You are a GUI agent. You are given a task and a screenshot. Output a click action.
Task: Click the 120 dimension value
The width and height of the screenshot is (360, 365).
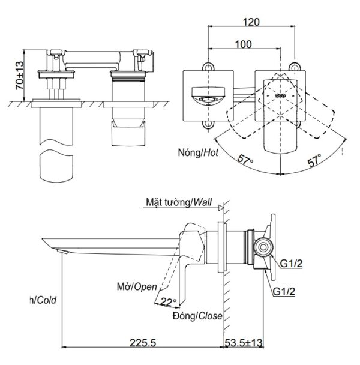[x=252, y=22]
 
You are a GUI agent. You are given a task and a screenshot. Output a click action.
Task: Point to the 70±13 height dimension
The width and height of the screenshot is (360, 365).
[x=19, y=77]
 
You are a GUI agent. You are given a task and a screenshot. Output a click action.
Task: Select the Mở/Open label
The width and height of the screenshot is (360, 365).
[x=133, y=286]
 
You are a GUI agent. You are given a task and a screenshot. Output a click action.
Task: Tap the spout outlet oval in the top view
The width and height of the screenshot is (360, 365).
[x=206, y=97]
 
